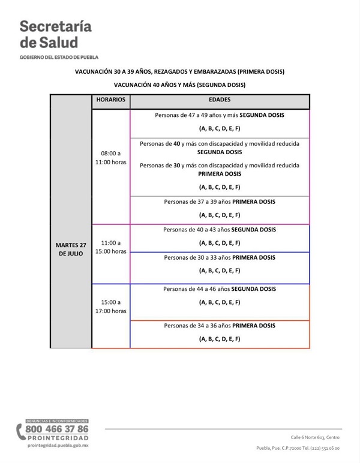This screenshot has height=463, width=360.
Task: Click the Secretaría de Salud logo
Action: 56,35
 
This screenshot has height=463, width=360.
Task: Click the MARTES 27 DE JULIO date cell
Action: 71,249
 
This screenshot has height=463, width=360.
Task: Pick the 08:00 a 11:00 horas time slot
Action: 110,158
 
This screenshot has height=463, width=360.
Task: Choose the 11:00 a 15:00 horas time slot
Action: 110,247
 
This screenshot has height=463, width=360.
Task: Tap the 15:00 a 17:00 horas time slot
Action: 110,306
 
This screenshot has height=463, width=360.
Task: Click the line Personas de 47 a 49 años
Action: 220,115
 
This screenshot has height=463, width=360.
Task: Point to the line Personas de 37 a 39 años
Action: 220,202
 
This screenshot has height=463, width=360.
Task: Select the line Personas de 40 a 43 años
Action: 220,229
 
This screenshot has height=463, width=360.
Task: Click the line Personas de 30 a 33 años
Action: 220,257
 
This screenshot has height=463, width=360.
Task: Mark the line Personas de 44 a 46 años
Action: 220,288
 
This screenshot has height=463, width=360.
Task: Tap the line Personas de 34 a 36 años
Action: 220,326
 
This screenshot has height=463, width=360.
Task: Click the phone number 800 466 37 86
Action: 56,429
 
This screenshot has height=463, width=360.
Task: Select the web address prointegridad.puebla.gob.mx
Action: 58,446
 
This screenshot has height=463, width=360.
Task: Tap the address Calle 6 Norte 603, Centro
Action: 315,437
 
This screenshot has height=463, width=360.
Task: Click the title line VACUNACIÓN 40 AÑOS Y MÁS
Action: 179,85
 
